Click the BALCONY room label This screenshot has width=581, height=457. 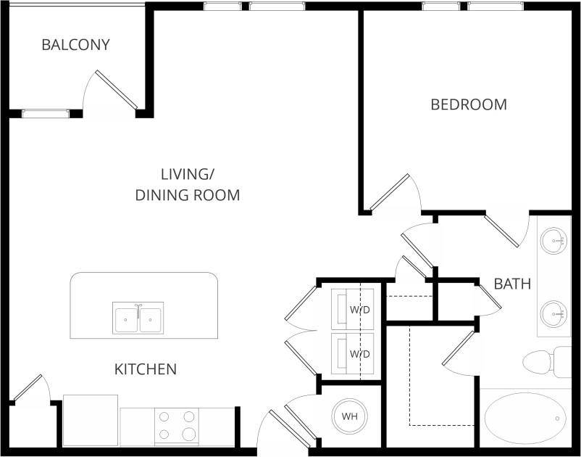[75, 45]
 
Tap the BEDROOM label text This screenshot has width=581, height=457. [469, 104]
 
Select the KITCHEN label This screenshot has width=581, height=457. [146, 369]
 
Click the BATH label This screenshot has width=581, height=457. [512, 284]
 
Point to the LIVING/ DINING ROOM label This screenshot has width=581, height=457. [188, 184]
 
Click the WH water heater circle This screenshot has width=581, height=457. [349, 417]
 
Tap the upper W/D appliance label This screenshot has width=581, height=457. [360, 310]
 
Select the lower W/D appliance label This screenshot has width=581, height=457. [360, 354]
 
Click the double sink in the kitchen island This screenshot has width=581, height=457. [138, 318]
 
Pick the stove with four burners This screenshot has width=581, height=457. [177, 426]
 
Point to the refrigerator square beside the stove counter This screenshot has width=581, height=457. [91, 420]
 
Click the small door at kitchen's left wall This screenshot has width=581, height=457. [29, 392]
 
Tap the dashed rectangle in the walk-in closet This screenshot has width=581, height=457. [442, 377]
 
